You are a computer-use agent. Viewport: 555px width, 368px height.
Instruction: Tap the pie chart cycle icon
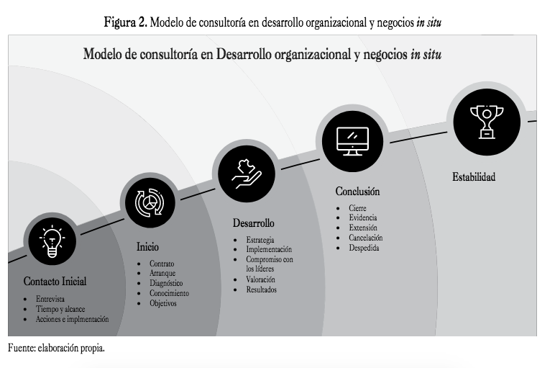point(149,203)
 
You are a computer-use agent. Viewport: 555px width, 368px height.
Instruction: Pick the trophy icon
point(486,119)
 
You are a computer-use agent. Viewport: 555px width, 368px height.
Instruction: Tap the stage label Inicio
point(147,247)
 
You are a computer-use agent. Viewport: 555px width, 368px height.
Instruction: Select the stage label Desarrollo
point(253,223)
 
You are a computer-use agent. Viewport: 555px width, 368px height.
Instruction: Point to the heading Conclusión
point(357,192)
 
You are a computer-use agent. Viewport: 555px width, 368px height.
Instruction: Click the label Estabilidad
point(474,176)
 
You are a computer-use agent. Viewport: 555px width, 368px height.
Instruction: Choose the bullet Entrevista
point(50,298)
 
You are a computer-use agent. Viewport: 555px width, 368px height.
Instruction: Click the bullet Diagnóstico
point(166,284)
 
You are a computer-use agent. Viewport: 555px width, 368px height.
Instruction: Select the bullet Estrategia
point(260,240)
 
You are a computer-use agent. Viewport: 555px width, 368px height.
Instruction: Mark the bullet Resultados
point(261,290)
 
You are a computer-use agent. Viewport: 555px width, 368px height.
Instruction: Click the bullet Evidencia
point(362,217)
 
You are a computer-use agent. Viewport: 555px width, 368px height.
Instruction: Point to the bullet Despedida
point(363,248)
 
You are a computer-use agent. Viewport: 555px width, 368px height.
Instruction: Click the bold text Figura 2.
point(126,22)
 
